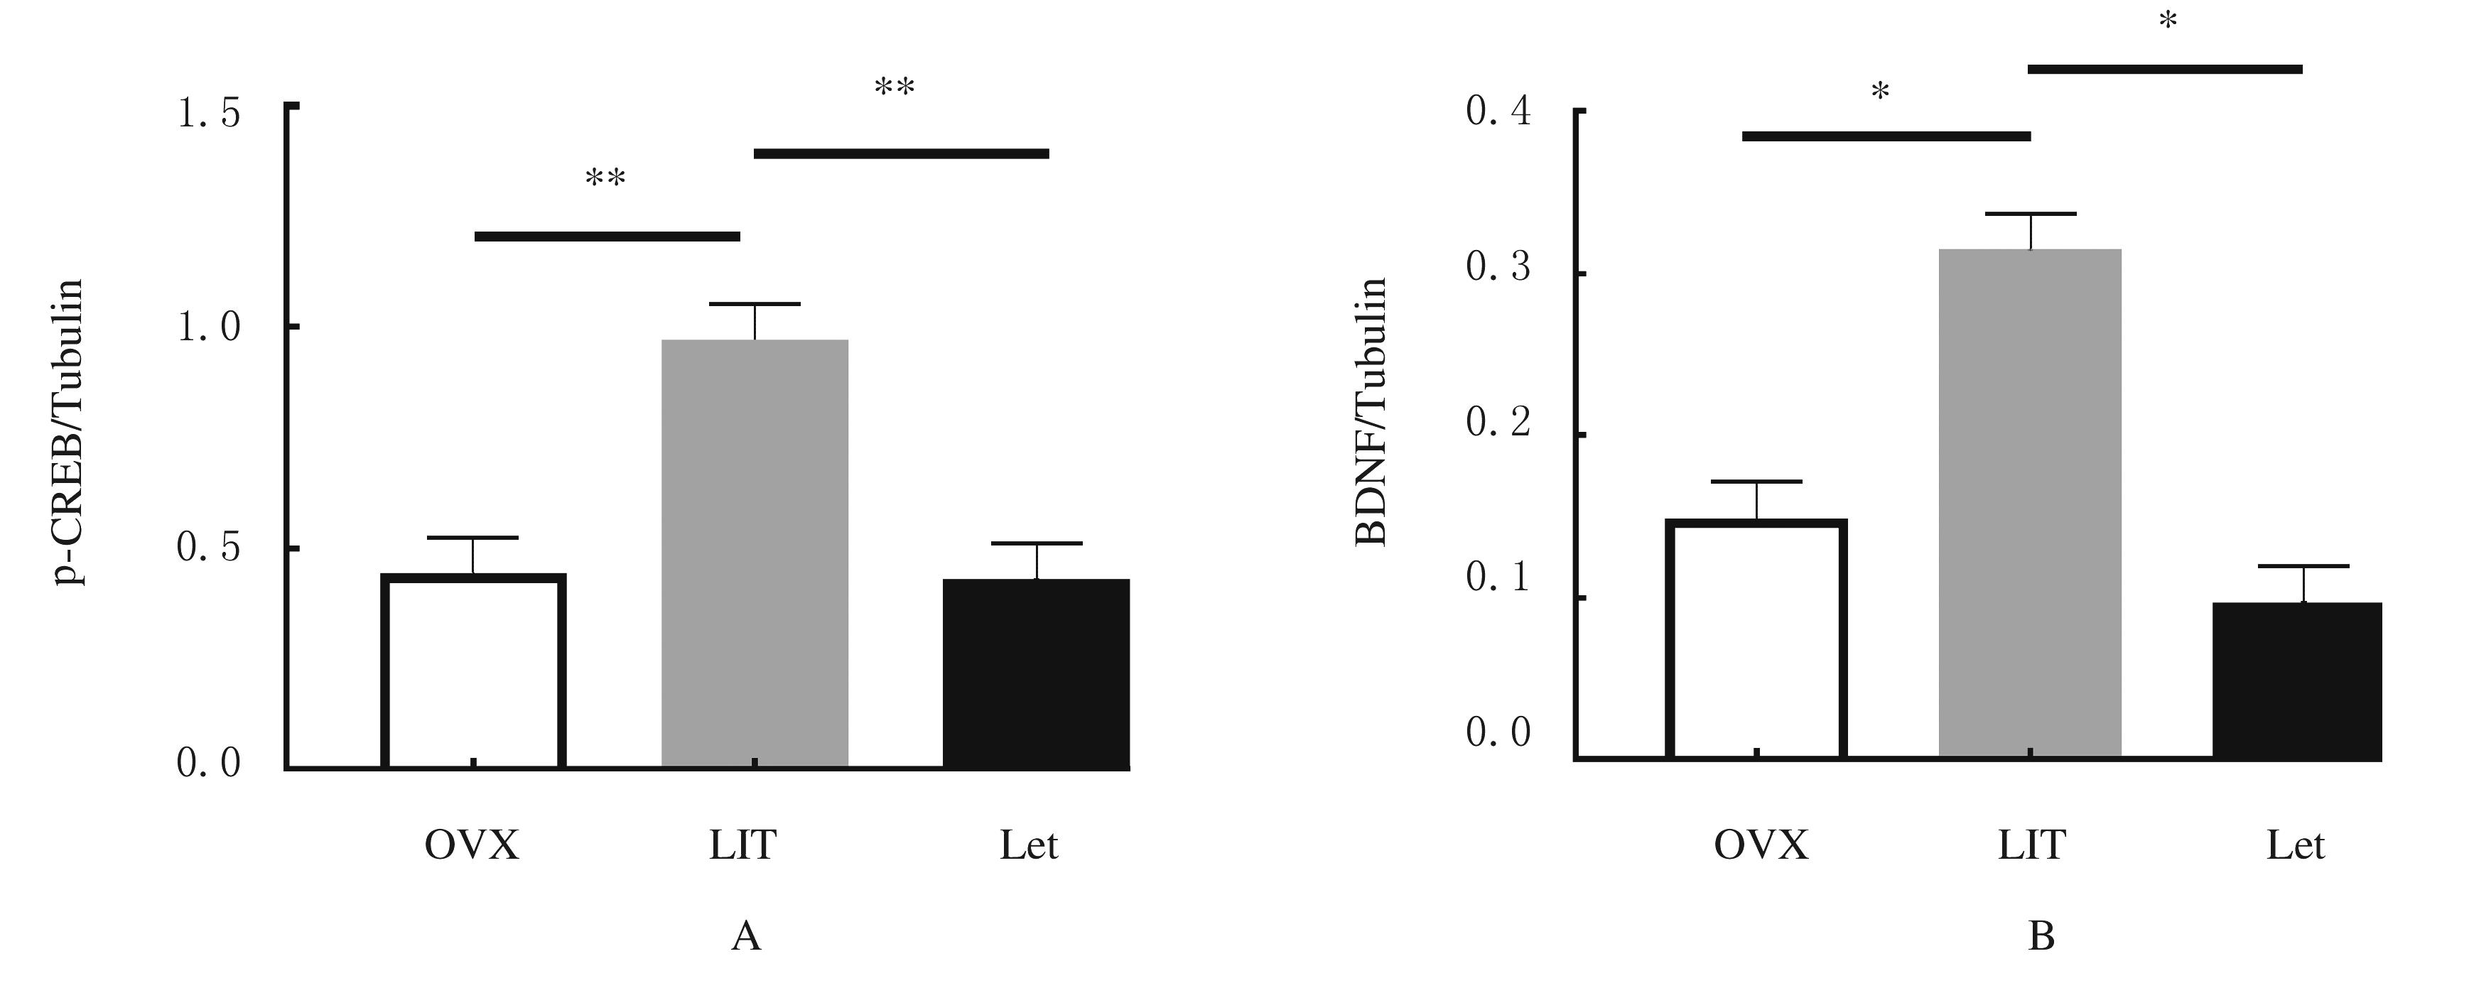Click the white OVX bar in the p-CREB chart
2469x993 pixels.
click(x=473, y=671)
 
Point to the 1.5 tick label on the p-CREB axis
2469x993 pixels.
click(x=209, y=114)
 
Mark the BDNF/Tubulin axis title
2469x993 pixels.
click(x=1371, y=412)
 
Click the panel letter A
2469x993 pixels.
click(x=746, y=936)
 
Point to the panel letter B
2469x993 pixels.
click(x=2041, y=936)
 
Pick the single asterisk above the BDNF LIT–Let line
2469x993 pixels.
click(x=2168, y=22)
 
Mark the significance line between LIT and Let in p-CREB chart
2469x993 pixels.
click(x=901, y=153)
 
